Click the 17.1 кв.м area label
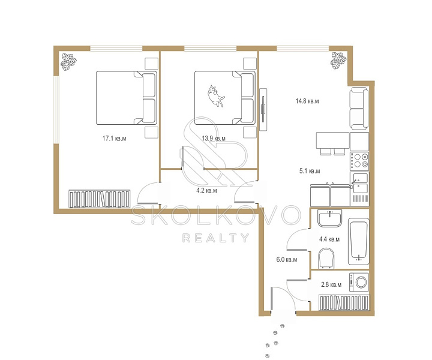(114, 138)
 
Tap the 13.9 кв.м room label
(214, 138)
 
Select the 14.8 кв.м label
(307, 101)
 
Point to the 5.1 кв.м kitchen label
(310, 171)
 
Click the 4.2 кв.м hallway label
(206, 190)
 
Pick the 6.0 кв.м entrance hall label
(287, 259)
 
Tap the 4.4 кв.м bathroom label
(329, 239)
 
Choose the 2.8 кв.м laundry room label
(331, 284)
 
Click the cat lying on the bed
(216, 96)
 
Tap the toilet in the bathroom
(326, 259)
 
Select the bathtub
(358, 242)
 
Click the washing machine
(359, 282)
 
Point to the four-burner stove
(359, 161)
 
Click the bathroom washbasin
(329, 218)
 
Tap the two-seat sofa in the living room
(359, 109)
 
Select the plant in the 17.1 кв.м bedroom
(68, 61)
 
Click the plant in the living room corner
(338, 61)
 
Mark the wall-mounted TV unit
(263, 109)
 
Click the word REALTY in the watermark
(216, 238)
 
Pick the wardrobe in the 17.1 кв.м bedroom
(99, 199)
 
